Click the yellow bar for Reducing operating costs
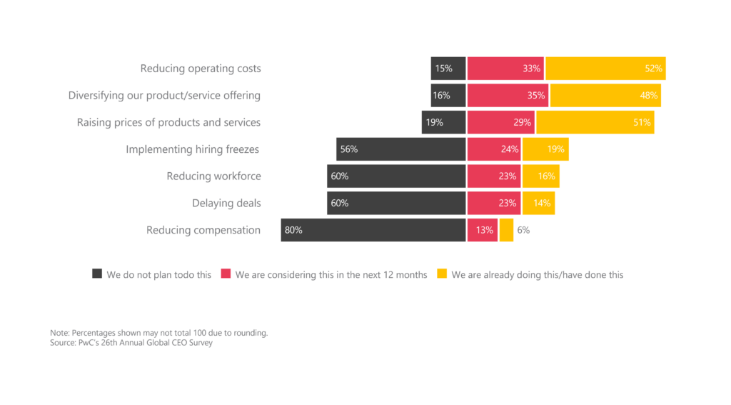click(605, 69)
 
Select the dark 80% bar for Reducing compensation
click(373, 230)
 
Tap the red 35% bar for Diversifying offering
click(508, 95)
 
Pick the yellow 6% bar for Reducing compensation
click(506, 230)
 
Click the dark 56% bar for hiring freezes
click(401, 149)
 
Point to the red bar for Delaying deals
click(494, 203)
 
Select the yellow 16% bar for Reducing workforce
click(540, 176)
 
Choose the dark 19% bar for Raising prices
click(443, 122)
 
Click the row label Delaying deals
click(226, 204)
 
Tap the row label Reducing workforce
click(213, 176)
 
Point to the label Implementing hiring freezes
click(193, 149)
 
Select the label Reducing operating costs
click(201, 69)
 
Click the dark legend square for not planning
click(97, 274)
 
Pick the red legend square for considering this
click(226, 274)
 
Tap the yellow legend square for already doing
click(442, 274)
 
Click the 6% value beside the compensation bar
click(523, 230)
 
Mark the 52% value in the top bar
click(654, 69)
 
